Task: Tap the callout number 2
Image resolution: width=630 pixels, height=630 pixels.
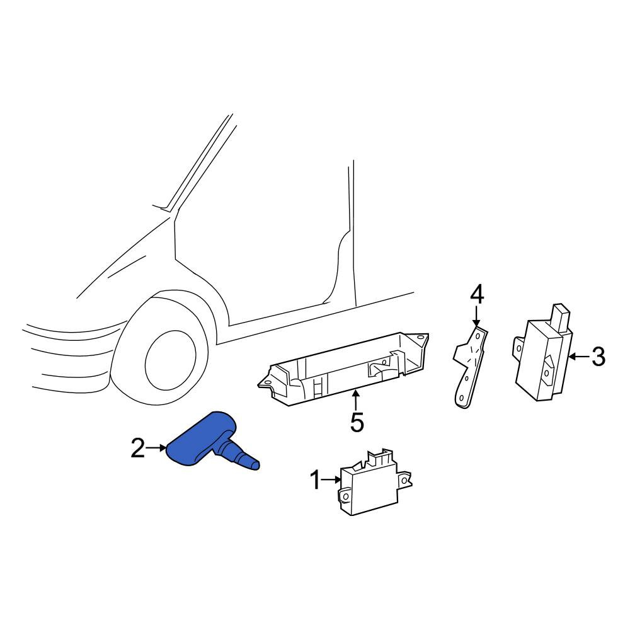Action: [137, 448]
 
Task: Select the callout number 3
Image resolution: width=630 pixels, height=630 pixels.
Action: [598, 357]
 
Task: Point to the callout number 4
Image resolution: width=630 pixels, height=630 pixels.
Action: [476, 294]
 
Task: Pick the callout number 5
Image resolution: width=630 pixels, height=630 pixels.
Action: [357, 421]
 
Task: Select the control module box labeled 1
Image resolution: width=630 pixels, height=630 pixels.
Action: [374, 482]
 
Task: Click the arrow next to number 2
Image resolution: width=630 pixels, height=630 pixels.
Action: [156, 447]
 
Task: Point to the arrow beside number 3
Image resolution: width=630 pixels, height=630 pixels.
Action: [580, 356]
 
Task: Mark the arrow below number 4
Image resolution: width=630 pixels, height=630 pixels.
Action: [476, 316]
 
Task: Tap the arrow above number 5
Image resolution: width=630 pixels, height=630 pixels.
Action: [355, 400]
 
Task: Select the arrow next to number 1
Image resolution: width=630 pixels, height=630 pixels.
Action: [332, 479]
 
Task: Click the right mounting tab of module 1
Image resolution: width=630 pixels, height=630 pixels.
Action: [404, 479]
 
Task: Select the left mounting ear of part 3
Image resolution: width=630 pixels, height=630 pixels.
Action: [518, 347]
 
